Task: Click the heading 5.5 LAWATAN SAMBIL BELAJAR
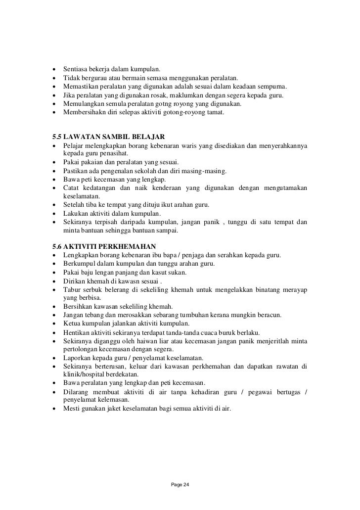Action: (x=108, y=136)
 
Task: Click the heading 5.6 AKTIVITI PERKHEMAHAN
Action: (x=104, y=246)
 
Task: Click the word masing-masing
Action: (x=206, y=172)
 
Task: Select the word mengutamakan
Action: (x=284, y=188)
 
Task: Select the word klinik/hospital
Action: (x=85, y=374)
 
